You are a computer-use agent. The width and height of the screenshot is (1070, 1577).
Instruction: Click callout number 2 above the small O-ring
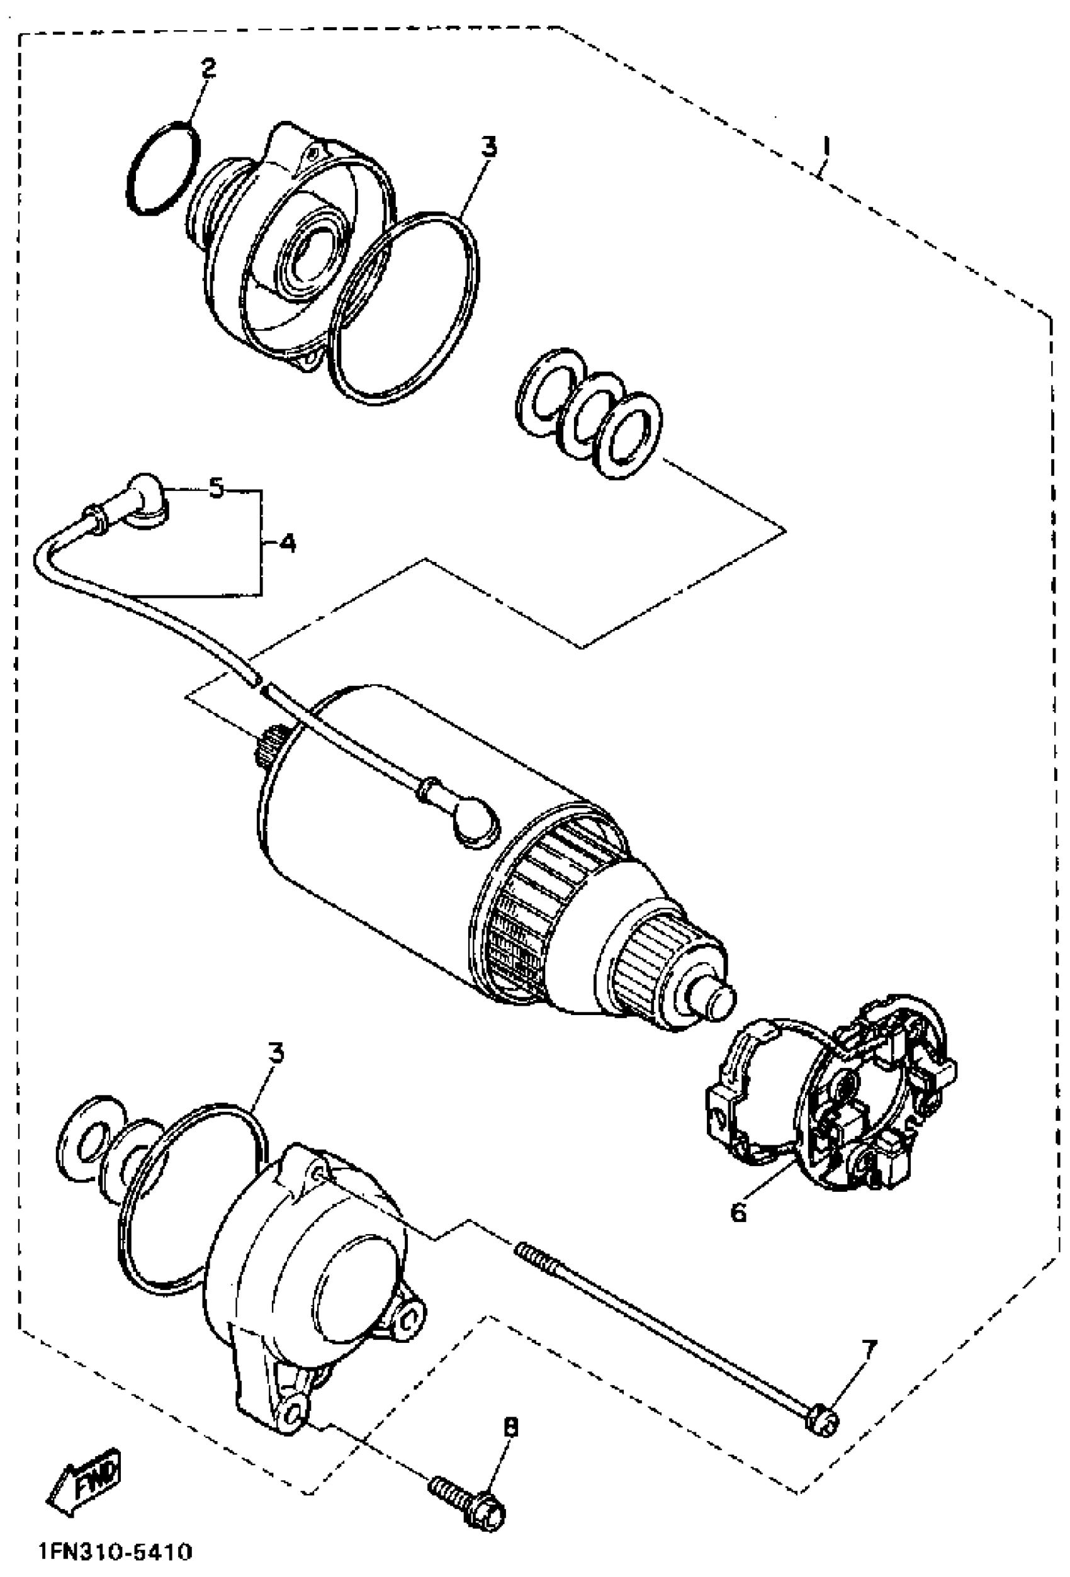[208, 69]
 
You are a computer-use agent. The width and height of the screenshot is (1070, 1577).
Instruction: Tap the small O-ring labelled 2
[164, 167]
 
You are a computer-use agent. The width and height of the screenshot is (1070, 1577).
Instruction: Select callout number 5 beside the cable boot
[216, 488]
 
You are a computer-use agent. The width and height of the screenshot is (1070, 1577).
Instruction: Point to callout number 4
[287, 543]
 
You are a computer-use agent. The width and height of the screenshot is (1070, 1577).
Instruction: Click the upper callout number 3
[488, 146]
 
